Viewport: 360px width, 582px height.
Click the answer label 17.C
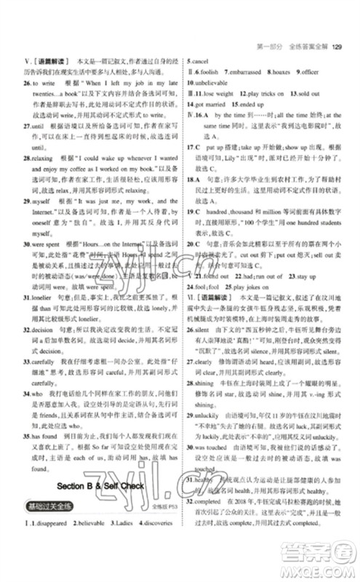(194, 147)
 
